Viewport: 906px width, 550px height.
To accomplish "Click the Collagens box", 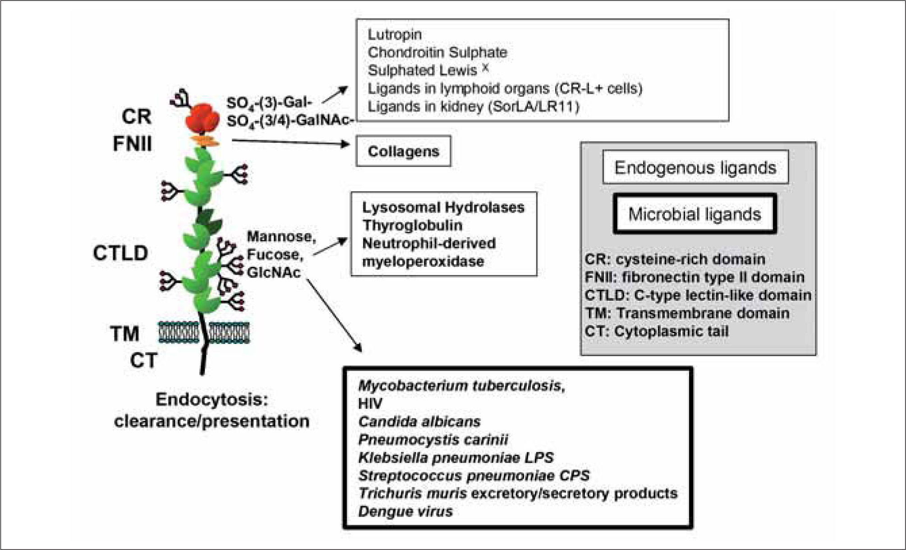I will [x=403, y=151].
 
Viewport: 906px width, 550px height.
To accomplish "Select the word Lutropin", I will [x=395, y=34].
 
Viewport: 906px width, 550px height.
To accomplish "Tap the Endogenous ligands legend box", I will [x=695, y=168].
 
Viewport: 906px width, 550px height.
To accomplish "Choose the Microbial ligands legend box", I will [x=694, y=214].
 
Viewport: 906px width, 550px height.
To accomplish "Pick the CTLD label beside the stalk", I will [x=120, y=253].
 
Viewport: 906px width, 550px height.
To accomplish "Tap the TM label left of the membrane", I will [x=124, y=334].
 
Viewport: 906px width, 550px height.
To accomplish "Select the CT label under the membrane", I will [x=143, y=361].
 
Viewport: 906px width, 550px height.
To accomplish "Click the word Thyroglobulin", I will [x=412, y=225].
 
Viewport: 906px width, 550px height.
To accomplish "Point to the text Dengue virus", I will [x=405, y=511].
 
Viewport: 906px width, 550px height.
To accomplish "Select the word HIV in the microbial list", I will [x=370, y=403].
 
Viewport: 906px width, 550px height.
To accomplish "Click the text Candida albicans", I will [x=419, y=422].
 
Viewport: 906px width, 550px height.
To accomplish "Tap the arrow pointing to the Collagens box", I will [x=290, y=142].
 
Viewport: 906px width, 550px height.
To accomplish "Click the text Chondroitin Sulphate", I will [x=437, y=52].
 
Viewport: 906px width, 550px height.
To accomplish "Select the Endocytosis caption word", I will [x=212, y=399].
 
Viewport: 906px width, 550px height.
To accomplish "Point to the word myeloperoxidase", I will [x=423, y=261].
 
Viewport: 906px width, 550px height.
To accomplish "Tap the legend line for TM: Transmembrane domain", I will [x=686, y=313].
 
